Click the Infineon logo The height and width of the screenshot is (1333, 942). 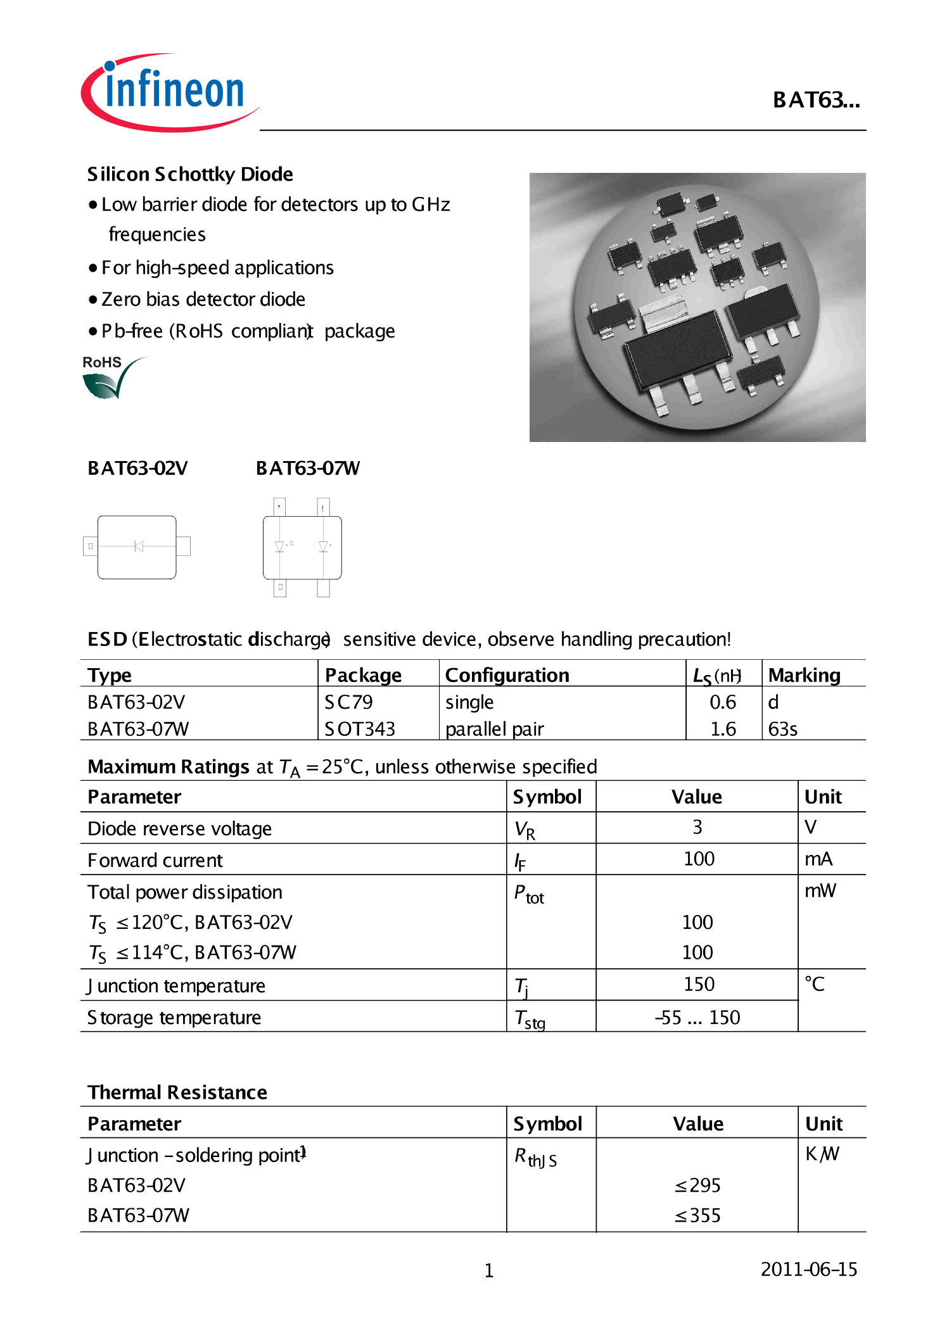(170, 92)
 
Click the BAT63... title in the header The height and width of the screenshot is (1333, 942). (815, 100)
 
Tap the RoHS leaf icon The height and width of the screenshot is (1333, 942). (108, 379)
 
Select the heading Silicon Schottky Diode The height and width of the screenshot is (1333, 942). (190, 174)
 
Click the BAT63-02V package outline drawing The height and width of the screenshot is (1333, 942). (137, 546)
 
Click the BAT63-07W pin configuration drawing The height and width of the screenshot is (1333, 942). (302, 547)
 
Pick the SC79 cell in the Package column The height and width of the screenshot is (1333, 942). (348, 702)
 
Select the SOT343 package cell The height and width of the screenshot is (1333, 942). (359, 729)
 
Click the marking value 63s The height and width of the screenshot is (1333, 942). (782, 729)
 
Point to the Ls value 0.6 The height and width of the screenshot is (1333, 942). (722, 702)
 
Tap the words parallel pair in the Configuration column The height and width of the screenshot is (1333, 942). (494, 729)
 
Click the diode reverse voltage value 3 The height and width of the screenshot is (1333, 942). (697, 827)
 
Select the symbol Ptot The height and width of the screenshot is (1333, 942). (528, 894)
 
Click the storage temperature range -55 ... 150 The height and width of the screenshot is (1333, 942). (697, 1017)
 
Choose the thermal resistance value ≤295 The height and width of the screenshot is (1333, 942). (697, 1185)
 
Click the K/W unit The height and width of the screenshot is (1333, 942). (822, 1154)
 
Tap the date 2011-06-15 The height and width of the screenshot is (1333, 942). (808, 1269)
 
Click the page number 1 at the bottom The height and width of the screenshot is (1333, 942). (488, 1270)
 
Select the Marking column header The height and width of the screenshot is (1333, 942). (804, 675)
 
